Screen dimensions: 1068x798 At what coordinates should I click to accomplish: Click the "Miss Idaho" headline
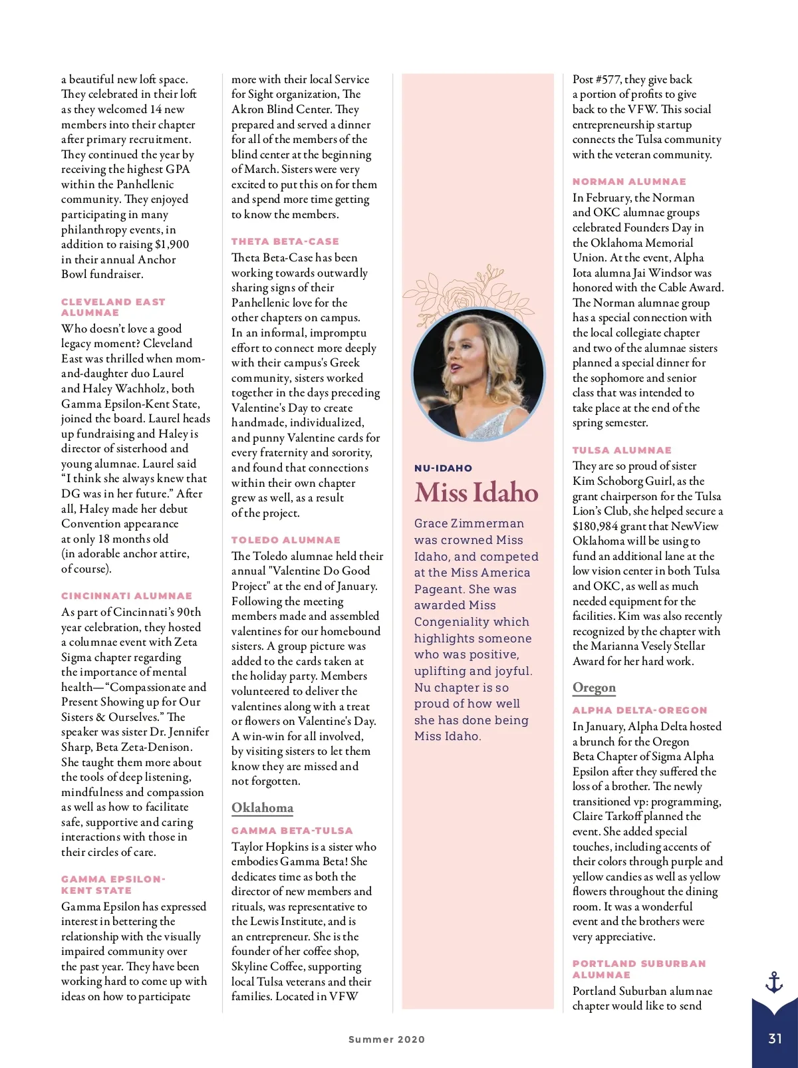pos(476,493)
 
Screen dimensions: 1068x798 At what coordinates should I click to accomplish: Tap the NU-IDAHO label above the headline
pos(443,468)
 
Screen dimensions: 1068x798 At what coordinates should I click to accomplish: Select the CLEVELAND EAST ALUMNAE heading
pos(113,307)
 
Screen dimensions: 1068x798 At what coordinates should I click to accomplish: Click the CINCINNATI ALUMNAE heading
pos(126,596)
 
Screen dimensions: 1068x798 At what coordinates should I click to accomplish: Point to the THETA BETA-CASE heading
pos(285,241)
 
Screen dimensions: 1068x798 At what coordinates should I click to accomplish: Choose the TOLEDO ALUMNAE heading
pos(285,540)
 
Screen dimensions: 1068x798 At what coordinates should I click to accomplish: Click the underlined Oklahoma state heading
pos(262,808)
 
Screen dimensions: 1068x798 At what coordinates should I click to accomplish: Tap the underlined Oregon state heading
pos(594,688)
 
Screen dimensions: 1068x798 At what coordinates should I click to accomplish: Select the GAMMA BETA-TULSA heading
pos(292,831)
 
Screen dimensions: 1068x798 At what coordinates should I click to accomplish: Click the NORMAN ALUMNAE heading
pos(629,182)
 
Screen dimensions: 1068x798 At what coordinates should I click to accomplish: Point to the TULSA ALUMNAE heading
pos(622,450)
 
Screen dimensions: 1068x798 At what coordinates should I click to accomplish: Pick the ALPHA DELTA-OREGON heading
pos(640,710)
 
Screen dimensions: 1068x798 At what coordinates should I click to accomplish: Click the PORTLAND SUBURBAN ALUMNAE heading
pos(638,969)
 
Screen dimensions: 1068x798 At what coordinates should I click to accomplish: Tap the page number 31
pos(775,1039)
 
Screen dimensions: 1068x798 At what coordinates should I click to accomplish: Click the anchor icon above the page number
pos(774,982)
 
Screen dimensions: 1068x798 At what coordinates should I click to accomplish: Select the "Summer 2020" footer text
pos(386,1039)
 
